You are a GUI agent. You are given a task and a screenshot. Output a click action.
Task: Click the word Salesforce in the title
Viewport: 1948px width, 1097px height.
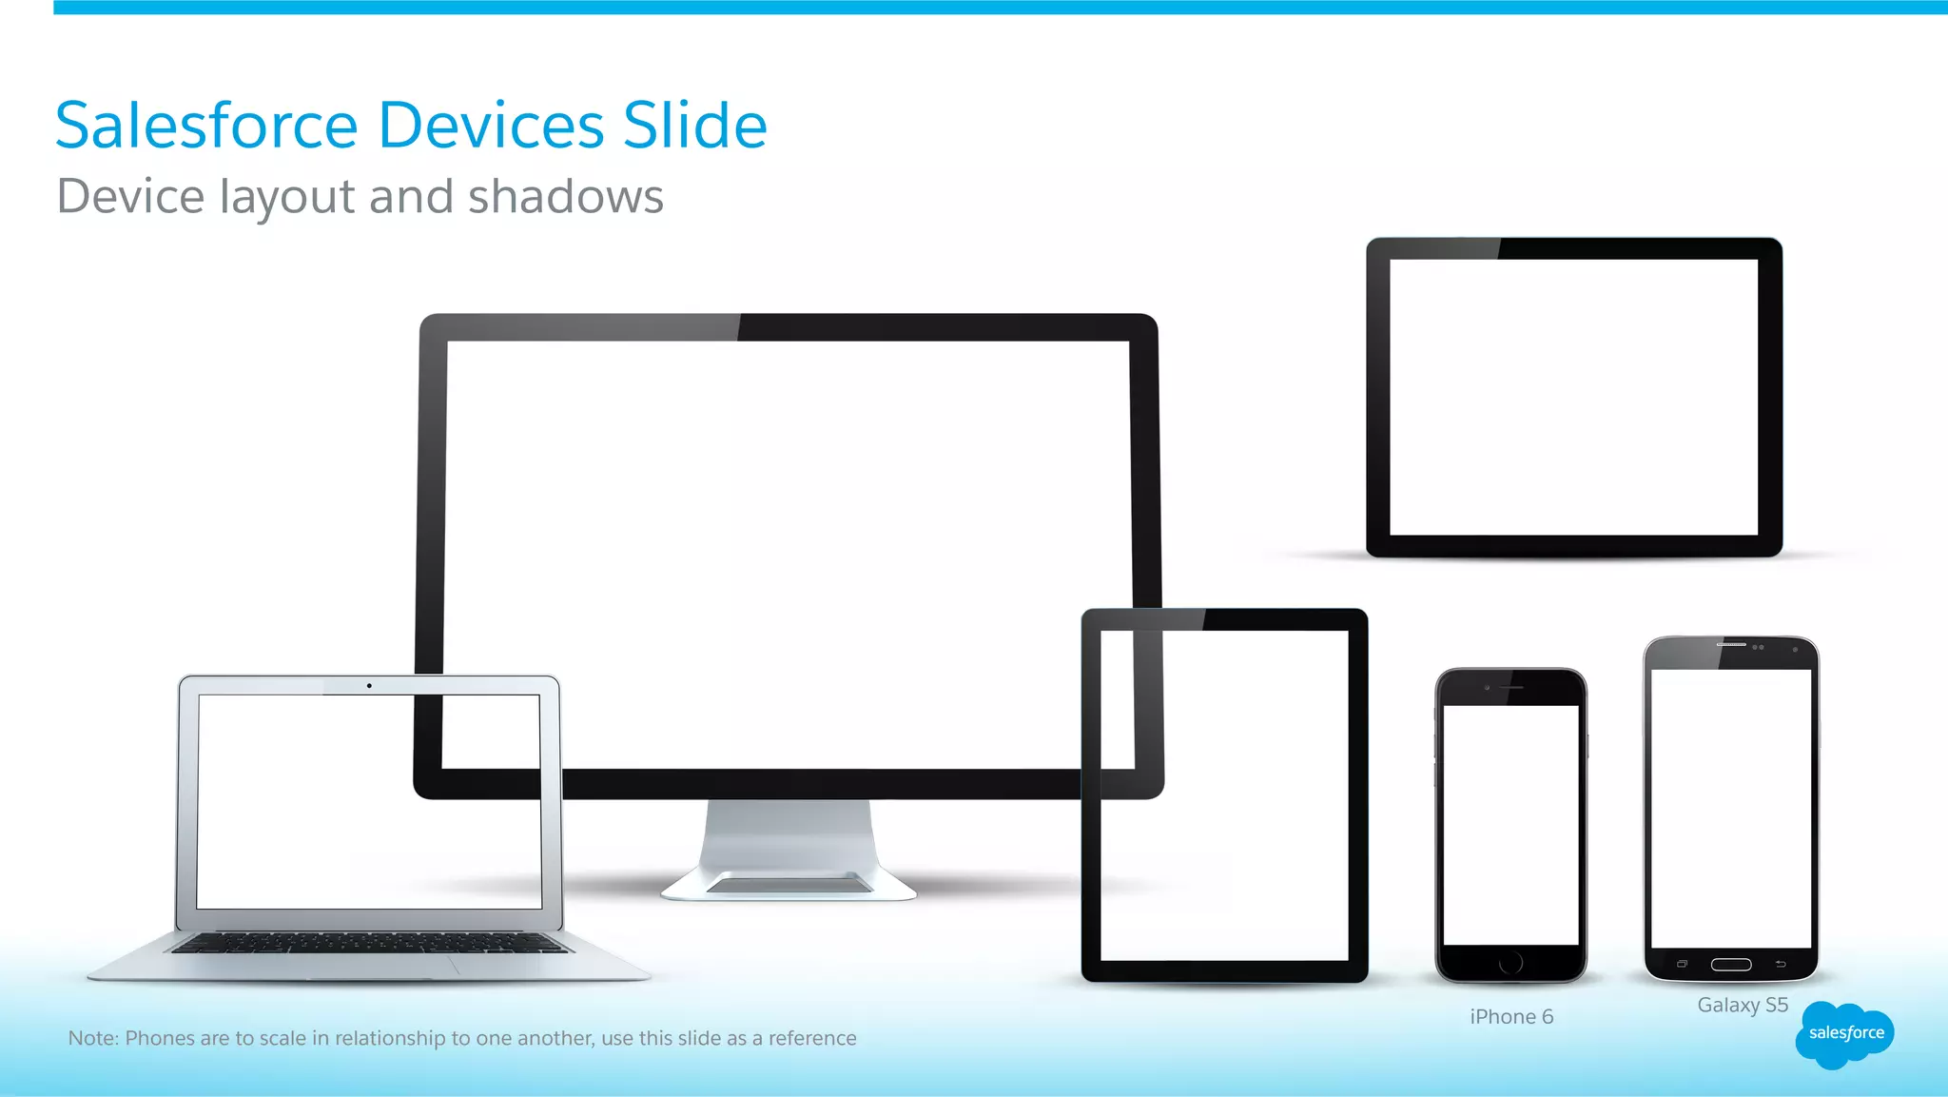tap(206, 126)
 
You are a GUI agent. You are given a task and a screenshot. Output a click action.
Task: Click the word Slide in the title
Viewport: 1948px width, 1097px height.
tap(694, 126)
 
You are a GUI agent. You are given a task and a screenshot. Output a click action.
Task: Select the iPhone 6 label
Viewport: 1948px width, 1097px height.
tap(1510, 1017)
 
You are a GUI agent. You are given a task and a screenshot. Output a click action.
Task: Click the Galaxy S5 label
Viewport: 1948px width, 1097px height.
tap(1743, 1006)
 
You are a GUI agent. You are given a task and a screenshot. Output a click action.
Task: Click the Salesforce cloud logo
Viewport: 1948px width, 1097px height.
tap(1844, 1034)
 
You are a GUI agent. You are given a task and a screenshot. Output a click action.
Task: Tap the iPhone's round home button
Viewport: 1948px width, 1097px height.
tap(1510, 963)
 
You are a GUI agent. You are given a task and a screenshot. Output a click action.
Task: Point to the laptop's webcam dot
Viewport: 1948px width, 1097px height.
tap(369, 685)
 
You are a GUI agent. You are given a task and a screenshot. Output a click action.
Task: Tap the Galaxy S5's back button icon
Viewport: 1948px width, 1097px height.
tap(1781, 965)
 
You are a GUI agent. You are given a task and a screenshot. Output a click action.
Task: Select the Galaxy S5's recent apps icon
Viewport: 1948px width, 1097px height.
tap(1682, 965)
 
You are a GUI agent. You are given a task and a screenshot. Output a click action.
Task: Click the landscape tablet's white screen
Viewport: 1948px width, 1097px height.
tap(1573, 397)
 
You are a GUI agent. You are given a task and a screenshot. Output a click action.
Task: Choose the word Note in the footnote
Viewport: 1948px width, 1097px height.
tap(91, 1038)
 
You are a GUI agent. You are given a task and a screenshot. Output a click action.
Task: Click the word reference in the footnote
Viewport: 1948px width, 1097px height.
tap(812, 1038)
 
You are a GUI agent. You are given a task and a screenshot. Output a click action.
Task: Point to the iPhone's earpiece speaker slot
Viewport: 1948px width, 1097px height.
tap(1512, 687)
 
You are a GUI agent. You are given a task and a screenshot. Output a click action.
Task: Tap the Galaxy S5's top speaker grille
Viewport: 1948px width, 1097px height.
tap(1731, 645)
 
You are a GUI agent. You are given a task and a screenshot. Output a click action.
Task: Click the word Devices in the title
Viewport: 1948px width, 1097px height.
tap(491, 126)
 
